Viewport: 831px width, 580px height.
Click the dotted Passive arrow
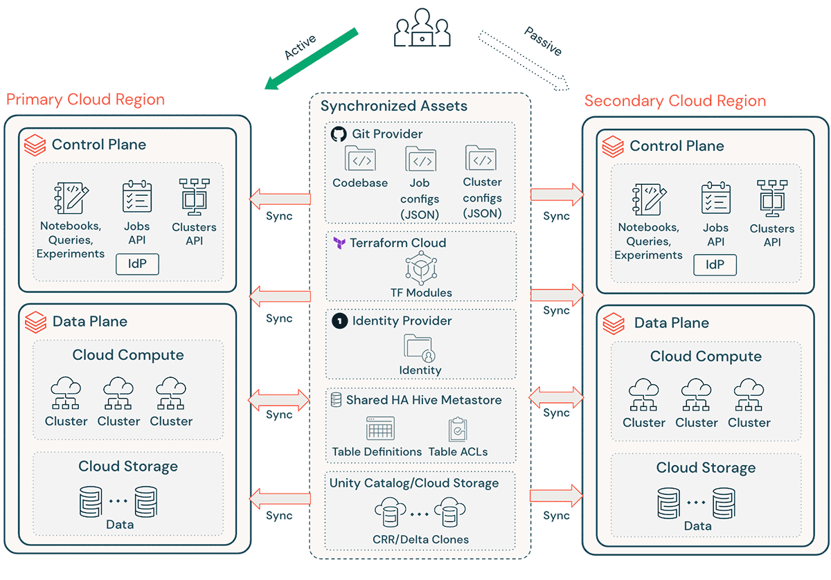[x=524, y=60]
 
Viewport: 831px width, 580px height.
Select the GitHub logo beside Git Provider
[x=339, y=134]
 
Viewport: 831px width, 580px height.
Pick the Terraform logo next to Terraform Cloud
[x=339, y=243]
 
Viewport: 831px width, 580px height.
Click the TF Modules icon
[x=420, y=268]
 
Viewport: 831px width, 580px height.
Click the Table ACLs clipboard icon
[x=458, y=429]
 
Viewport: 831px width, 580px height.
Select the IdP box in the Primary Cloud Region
[x=137, y=264]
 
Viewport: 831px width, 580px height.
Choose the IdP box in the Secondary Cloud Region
[x=715, y=264]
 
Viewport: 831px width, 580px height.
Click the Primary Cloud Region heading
[x=86, y=100]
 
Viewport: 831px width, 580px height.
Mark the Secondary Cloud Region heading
[x=675, y=101]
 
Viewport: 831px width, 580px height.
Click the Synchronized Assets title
[x=393, y=106]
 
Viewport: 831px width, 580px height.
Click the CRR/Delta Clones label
[x=420, y=539]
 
